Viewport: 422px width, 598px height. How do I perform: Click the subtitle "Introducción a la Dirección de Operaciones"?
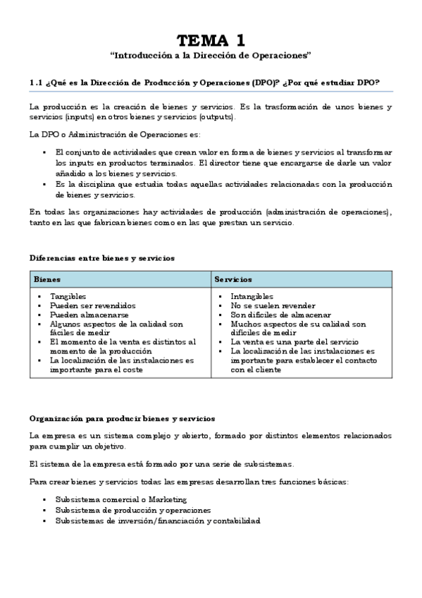tap(211, 54)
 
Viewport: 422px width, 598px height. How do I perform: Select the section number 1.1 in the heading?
tap(36, 83)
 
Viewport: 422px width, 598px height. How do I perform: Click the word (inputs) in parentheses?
tap(80, 117)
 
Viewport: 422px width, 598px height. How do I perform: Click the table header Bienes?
tap(47, 280)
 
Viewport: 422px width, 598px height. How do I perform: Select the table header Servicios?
tap(233, 280)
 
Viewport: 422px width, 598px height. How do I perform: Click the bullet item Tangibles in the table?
tap(68, 297)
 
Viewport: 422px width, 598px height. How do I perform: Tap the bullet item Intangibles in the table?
tap(252, 297)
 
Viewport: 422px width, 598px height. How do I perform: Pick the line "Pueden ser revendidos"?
tap(92, 306)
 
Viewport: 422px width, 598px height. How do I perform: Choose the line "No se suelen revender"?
tap(273, 306)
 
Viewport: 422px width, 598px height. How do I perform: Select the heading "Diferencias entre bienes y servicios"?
tap(102, 258)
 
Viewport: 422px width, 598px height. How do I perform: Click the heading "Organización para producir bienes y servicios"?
tap(122, 420)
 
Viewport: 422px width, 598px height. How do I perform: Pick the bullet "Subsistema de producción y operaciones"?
tap(132, 510)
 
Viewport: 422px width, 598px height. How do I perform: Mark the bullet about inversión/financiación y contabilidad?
tap(157, 520)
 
